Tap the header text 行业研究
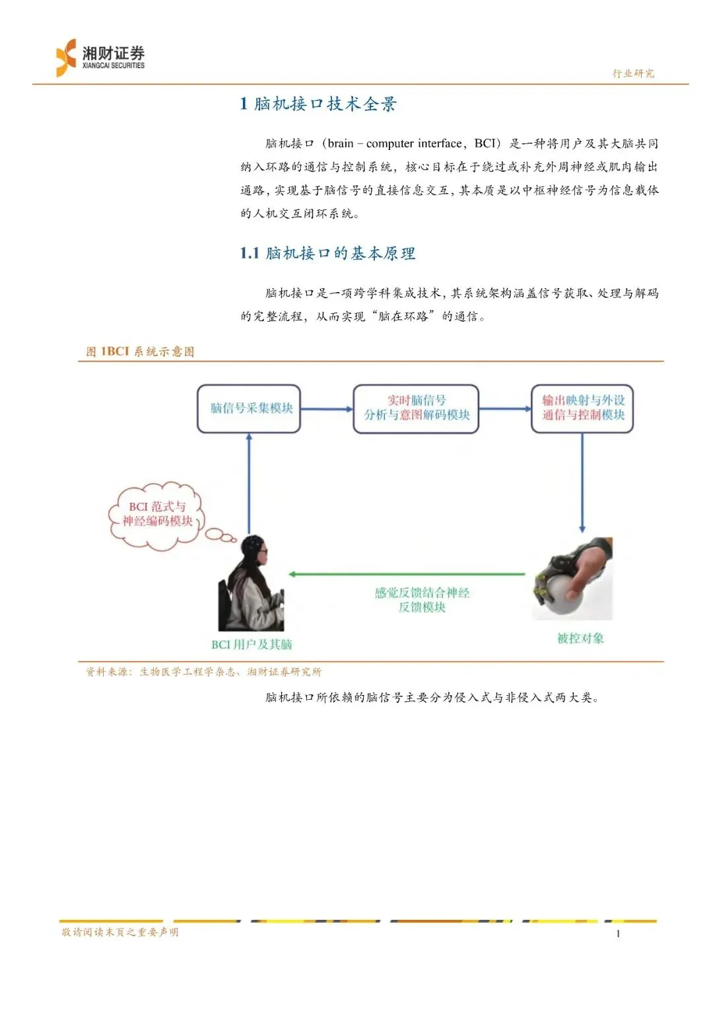pyautogui.click(x=633, y=73)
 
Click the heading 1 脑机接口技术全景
pyautogui.click(x=318, y=104)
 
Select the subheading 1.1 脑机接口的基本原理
pyautogui.click(x=327, y=253)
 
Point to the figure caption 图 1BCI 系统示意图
pyautogui.click(x=140, y=352)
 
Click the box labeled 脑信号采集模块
pyautogui.click(x=249, y=409)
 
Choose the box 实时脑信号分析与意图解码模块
pyautogui.click(x=416, y=408)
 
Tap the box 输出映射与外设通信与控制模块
pyautogui.click(x=582, y=408)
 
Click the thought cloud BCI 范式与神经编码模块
pyautogui.click(x=157, y=515)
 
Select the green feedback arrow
pyautogui.click(x=407, y=574)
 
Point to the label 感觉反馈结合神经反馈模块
pyautogui.click(x=422, y=600)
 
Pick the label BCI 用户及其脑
pyautogui.click(x=252, y=644)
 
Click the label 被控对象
pyautogui.click(x=580, y=638)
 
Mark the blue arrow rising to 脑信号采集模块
pyautogui.click(x=249, y=482)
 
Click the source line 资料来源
pyautogui.click(x=203, y=672)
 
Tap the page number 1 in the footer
pyautogui.click(x=618, y=934)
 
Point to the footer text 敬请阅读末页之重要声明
pyautogui.click(x=120, y=932)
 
